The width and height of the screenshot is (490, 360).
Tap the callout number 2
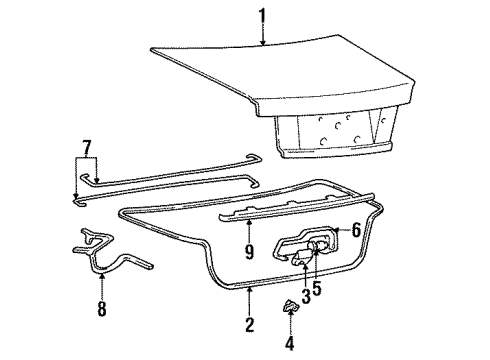click(x=250, y=325)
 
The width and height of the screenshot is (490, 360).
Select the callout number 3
click(x=306, y=296)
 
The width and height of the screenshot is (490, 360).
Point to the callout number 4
click(x=290, y=343)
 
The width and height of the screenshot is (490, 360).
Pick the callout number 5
click(x=317, y=288)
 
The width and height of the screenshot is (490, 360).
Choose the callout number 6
click(x=356, y=230)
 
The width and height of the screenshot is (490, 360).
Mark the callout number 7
click(x=86, y=148)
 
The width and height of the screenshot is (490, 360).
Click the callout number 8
click(x=102, y=309)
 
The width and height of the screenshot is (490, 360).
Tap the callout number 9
click(x=249, y=252)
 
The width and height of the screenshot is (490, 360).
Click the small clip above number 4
click(x=290, y=306)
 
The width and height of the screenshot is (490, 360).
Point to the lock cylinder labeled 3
click(x=301, y=257)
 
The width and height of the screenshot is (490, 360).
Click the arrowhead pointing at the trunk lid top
click(x=263, y=43)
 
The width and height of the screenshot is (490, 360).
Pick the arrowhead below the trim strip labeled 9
click(x=249, y=222)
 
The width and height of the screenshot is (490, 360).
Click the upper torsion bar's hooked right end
click(x=255, y=157)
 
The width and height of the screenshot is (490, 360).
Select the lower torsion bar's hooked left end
click(x=79, y=202)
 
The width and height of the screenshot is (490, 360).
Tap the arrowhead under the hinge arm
click(x=102, y=276)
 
